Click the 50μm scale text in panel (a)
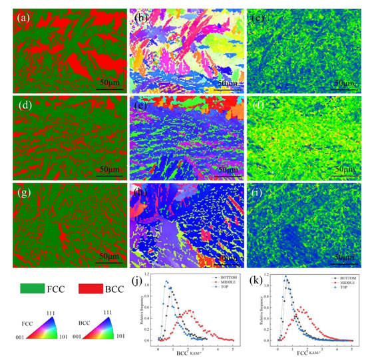coord(110,81)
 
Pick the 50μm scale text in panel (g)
coord(110,256)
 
